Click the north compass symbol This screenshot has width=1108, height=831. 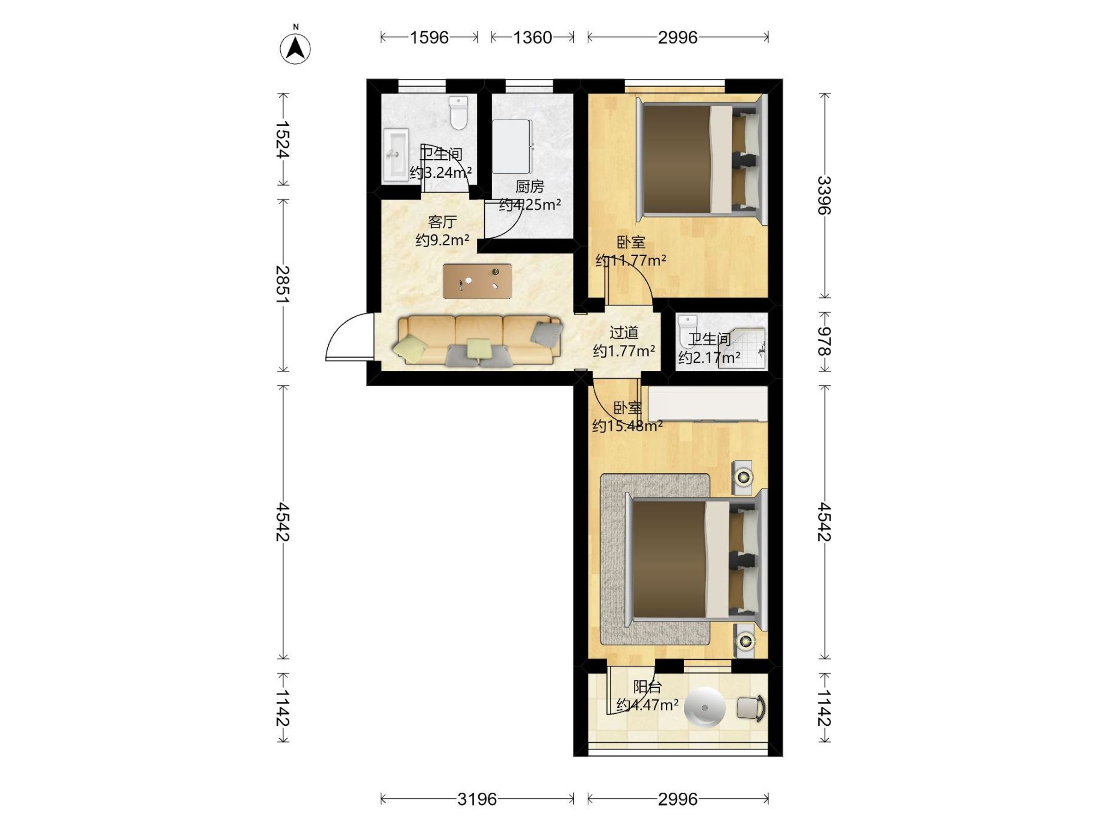[x=295, y=49]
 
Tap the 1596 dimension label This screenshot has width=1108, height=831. [x=429, y=37]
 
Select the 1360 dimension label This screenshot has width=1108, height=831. [x=532, y=37]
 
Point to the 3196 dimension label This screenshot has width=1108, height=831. [x=477, y=798]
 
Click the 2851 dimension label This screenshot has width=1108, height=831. [x=283, y=284]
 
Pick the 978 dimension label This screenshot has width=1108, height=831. [x=824, y=342]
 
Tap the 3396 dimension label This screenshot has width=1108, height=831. [x=824, y=195]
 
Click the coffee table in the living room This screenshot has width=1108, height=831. [x=477, y=281]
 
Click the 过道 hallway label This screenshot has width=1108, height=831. [x=624, y=332]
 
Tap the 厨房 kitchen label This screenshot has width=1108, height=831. [x=530, y=187]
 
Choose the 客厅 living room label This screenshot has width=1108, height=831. [x=442, y=222]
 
